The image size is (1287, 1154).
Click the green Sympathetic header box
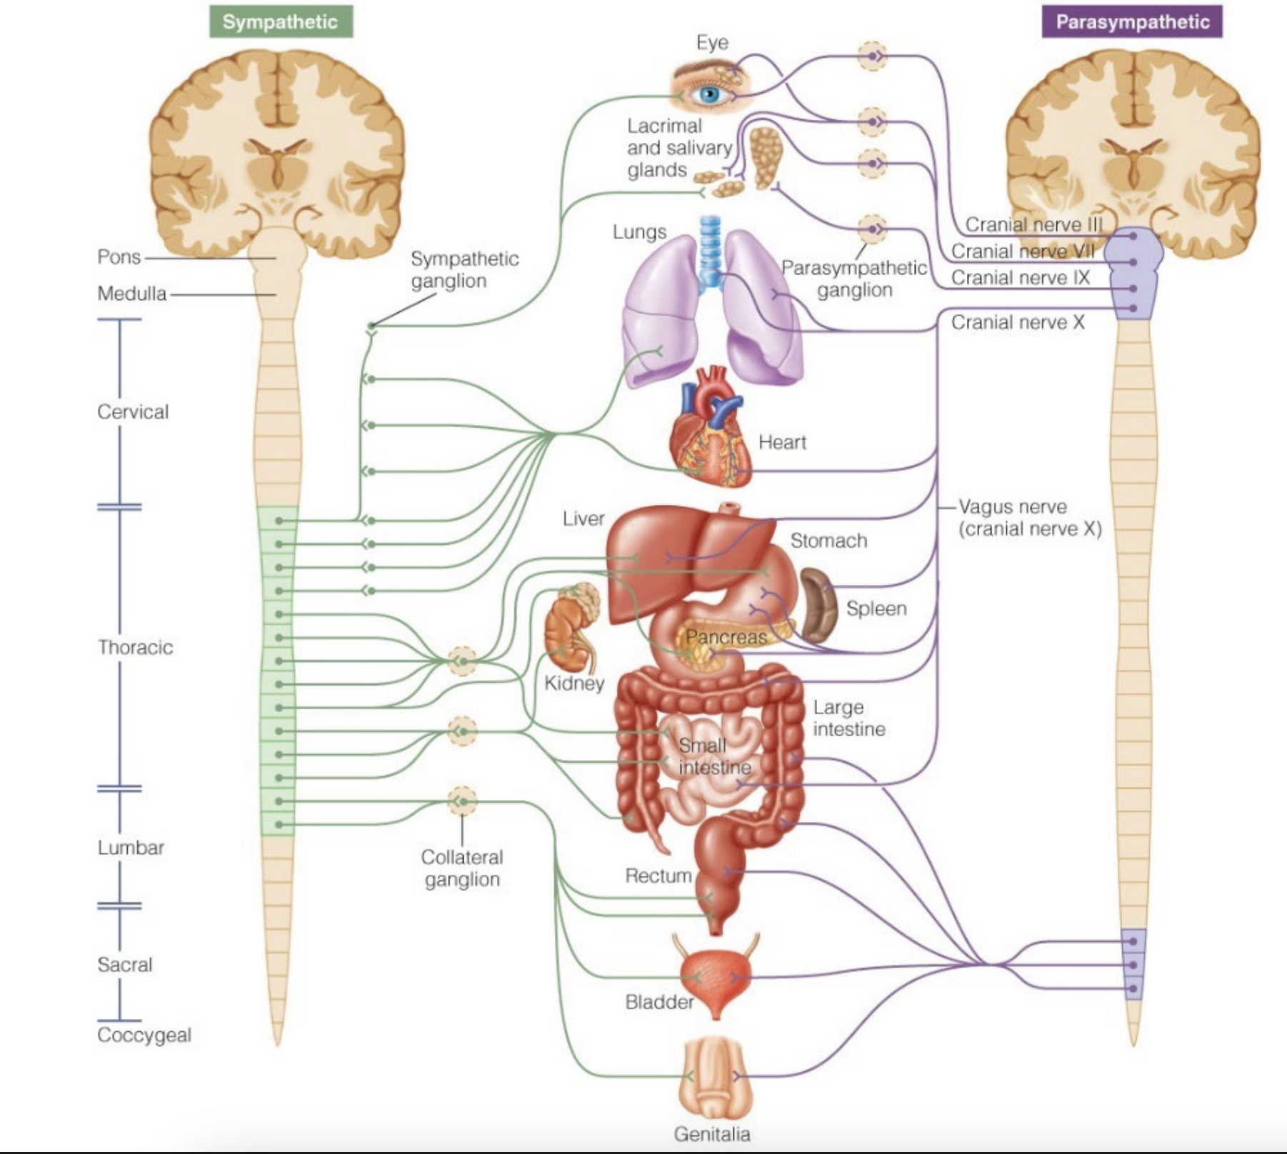click(281, 21)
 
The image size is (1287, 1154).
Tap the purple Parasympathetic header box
click(1132, 21)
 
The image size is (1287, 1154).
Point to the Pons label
click(119, 256)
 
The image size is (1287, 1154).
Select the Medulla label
click(132, 293)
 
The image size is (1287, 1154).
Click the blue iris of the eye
click(710, 94)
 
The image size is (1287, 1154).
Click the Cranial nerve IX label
click(1021, 278)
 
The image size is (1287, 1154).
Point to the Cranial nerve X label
click(1018, 323)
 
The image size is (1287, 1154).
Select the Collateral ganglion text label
click(462, 868)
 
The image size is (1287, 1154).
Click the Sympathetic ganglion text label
click(464, 269)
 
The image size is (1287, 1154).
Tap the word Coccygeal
click(144, 1035)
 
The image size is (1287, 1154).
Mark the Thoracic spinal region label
click(136, 647)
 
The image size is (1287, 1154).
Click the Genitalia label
click(712, 1134)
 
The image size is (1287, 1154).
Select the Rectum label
click(658, 875)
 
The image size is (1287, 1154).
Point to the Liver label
click(584, 518)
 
